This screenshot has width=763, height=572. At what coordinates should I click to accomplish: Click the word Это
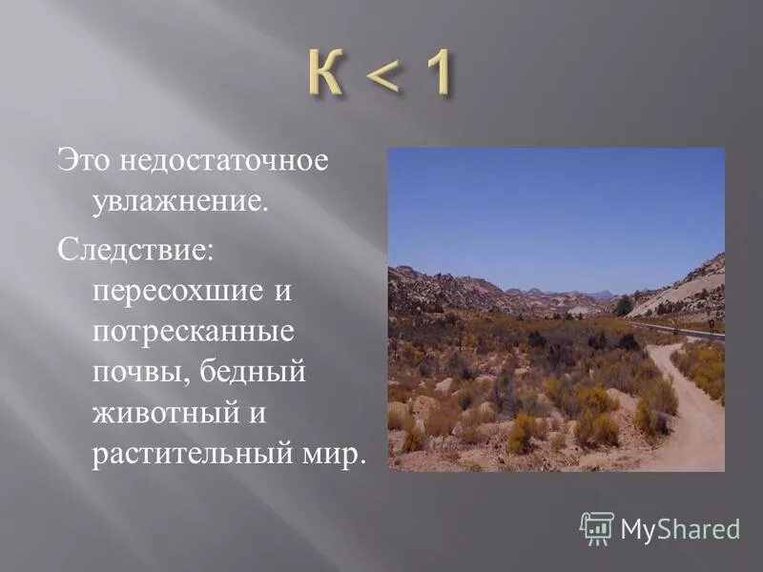[x=84, y=159]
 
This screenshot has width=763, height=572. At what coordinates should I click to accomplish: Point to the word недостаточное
[x=224, y=159]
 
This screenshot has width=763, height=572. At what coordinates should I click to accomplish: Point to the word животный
[x=168, y=412]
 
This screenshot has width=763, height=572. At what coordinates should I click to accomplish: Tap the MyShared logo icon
[x=597, y=527]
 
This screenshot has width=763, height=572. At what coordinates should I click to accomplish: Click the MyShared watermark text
[x=680, y=529]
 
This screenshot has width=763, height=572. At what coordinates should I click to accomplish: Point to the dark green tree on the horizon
[x=623, y=305]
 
